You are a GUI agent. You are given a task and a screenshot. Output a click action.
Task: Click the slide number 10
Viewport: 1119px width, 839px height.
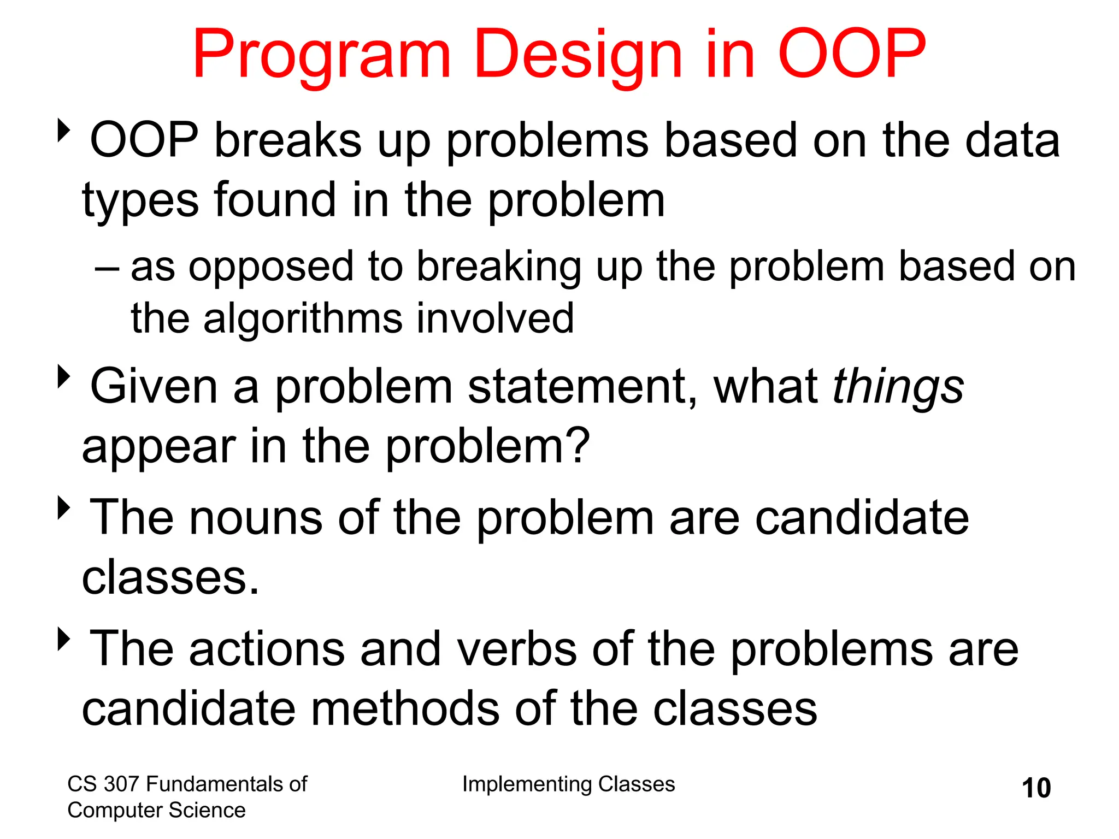coord(1036,788)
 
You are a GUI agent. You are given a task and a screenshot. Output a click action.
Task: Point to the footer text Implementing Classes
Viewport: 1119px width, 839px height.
coord(568,784)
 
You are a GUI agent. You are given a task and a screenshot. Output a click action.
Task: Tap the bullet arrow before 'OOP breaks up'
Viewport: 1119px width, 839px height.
coord(64,131)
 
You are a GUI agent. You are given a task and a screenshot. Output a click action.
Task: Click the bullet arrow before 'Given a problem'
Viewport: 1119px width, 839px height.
coord(64,377)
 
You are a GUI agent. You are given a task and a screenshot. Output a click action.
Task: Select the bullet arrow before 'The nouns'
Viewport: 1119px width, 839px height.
coord(64,508)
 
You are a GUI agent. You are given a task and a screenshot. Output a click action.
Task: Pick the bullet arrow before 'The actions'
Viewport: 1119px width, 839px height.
coord(64,639)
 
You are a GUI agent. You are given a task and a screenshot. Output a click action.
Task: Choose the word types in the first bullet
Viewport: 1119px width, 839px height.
coord(140,201)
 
